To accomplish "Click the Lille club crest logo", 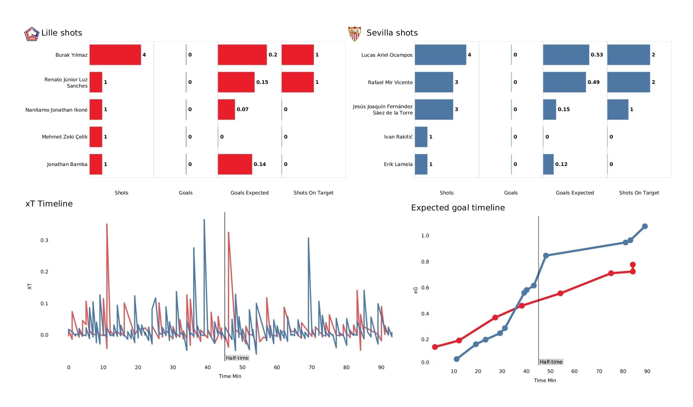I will [x=32, y=34].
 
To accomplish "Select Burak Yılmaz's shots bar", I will [x=115, y=55].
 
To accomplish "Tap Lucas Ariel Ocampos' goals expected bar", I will [x=566, y=55].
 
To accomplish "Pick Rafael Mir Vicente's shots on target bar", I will [x=628, y=82].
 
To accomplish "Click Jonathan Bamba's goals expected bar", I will [x=235, y=164].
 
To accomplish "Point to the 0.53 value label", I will [x=596, y=55].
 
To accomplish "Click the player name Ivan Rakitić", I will [x=398, y=137].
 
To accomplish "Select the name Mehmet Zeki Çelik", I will [x=65, y=137].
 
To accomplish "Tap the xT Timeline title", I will [x=49, y=203].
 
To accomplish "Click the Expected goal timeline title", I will [x=457, y=207].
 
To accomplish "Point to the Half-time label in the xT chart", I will [x=237, y=358].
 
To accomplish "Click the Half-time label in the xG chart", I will [x=551, y=362].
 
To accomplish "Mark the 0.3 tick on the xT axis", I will [x=44, y=240].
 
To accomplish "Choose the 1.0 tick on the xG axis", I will [x=425, y=235].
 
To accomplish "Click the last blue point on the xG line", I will [x=645, y=226].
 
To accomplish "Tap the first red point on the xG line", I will [x=435, y=347].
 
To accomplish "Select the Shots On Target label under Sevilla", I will [x=639, y=193].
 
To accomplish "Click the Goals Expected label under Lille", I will [x=249, y=193].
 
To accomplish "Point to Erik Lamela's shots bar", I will [x=421, y=164].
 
